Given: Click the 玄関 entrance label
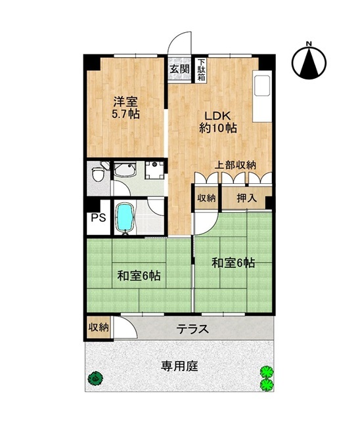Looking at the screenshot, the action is (179, 69).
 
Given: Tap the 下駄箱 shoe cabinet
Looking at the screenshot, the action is (201, 70).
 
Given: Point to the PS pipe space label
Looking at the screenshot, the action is (99, 217).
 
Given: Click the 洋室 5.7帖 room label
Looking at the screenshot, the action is (125, 108).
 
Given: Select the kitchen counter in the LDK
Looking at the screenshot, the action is (262, 96).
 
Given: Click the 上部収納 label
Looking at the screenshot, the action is (235, 165).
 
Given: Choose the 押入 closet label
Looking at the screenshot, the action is (247, 198).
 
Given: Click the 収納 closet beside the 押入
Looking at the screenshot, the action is (206, 198).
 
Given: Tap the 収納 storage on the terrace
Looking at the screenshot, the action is (99, 328).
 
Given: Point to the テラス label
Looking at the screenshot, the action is (192, 329).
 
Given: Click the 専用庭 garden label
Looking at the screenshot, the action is (180, 366).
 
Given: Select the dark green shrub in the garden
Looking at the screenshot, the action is (95, 378).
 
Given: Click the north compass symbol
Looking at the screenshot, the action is (309, 62).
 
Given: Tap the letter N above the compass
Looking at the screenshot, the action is (309, 43).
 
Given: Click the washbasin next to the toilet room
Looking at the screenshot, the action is (125, 169).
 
